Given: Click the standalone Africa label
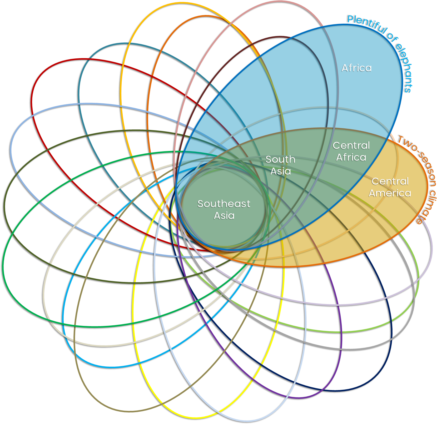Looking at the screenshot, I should pos(356,68).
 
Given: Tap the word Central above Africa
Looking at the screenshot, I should pos(351,145).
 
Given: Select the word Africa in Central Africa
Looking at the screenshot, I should pos(351,157).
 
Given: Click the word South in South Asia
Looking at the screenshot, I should pos(280,159).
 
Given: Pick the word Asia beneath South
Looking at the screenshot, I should pos(281,171).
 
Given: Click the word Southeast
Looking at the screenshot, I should pos(224,204).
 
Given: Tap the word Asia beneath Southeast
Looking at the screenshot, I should pos(224,216).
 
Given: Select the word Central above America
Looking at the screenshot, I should pos(390,181).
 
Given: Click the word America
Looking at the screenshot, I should pos(390,193).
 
